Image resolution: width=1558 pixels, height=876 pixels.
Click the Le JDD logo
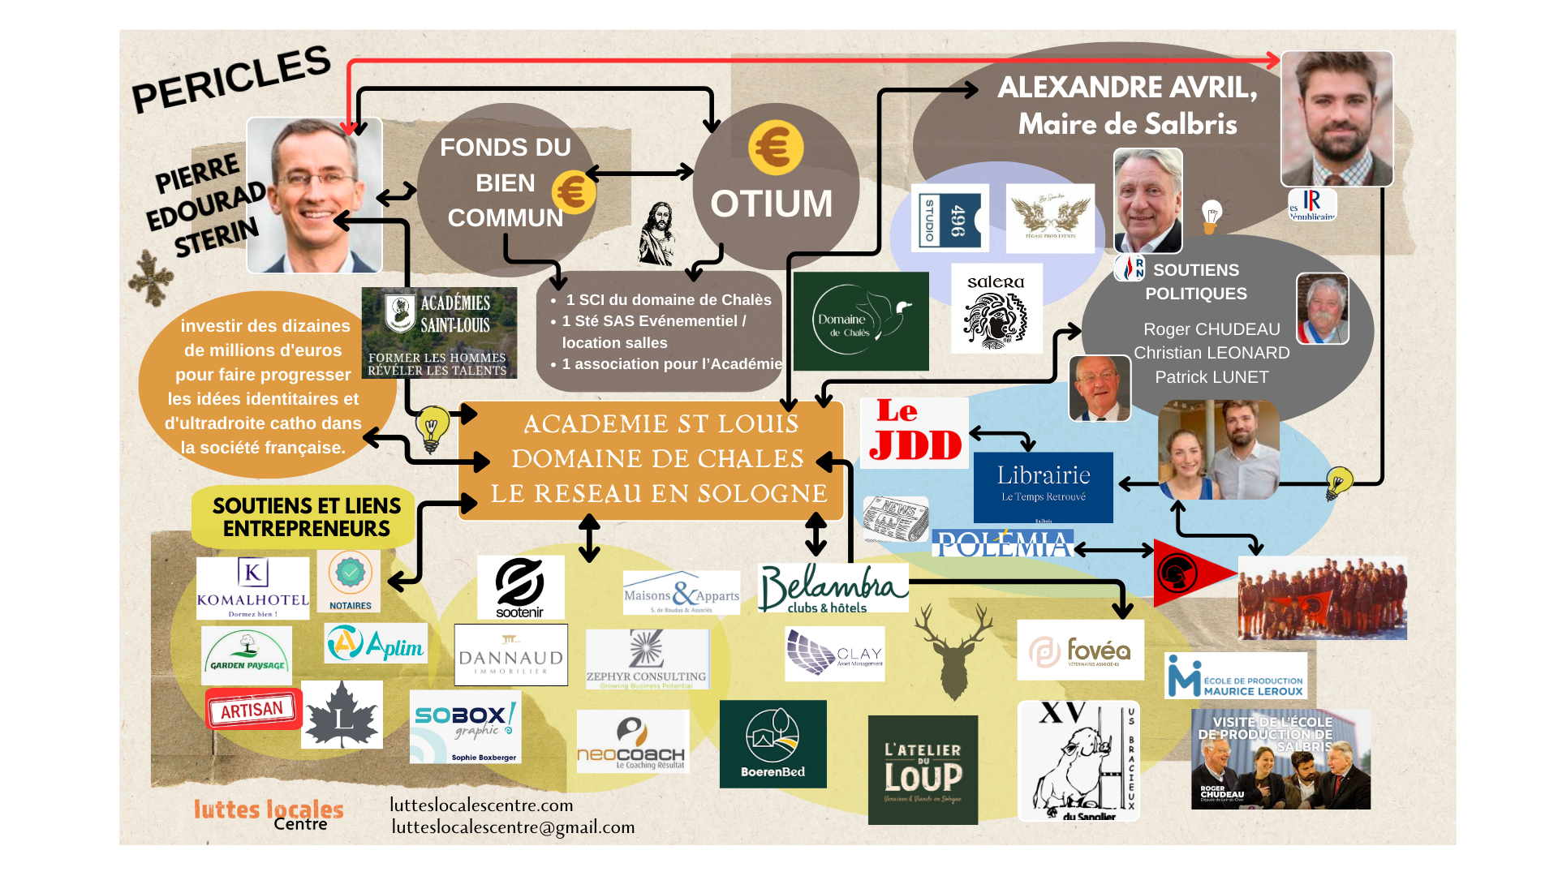915,432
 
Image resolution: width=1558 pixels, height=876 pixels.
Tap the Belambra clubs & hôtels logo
833,588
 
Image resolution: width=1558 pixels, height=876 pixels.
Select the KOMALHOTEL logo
252,588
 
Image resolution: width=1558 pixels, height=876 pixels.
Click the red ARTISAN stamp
253,709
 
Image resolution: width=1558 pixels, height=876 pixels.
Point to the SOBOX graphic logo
465,727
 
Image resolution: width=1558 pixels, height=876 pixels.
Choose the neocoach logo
632,741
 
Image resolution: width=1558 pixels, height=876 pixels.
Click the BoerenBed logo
773,744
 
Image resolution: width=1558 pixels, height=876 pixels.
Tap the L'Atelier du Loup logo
923,770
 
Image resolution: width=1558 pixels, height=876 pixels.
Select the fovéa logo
1080,651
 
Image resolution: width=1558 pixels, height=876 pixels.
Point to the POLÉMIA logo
1002,544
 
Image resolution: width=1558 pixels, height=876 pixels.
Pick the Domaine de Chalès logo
861,321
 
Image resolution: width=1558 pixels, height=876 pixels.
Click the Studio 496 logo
949,217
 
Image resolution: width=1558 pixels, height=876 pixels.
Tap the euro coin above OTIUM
776,148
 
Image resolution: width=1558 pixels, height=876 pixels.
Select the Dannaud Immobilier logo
510,655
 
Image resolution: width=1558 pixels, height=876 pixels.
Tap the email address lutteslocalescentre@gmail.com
513,827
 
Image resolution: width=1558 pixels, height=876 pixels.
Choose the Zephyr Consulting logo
647,659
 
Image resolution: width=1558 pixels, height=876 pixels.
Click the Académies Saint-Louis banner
439,333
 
